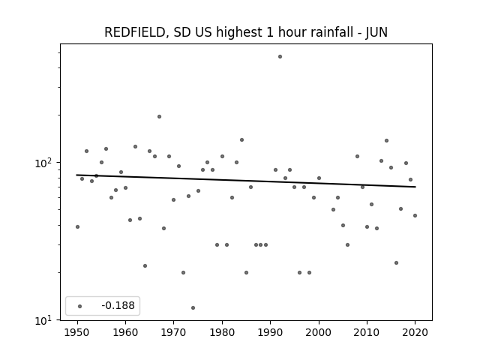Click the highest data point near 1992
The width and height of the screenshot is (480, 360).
point(280,57)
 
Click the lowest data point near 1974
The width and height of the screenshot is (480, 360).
point(193,307)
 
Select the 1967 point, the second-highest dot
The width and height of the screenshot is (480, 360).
point(159,117)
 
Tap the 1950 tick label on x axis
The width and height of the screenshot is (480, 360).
point(77,332)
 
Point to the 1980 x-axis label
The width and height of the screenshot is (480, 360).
point(222,332)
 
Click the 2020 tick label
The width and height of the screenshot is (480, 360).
point(415,332)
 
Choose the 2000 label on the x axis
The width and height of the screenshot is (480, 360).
point(319,332)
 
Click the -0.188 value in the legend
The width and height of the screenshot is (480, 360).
point(118,305)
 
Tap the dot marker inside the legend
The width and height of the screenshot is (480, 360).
point(80,306)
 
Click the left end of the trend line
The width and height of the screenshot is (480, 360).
point(76,175)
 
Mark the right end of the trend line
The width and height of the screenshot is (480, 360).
point(415,187)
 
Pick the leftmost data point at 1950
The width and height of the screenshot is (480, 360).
point(77,226)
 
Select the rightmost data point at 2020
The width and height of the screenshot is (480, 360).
point(415,215)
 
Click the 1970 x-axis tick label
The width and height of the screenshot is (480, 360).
point(174,332)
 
